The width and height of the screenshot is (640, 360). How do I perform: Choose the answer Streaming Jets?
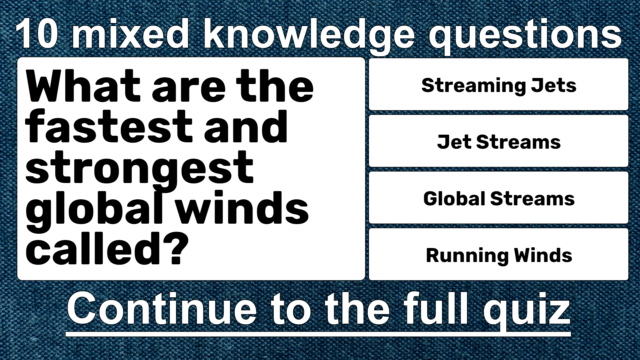click(x=499, y=84)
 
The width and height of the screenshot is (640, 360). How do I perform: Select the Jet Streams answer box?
click(x=499, y=141)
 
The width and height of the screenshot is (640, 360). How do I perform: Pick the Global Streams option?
click(x=499, y=198)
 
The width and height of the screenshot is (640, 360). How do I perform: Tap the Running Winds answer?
click(x=499, y=254)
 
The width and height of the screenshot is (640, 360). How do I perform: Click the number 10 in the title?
click(x=37, y=33)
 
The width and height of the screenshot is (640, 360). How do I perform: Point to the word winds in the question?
click(x=242, y=207)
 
